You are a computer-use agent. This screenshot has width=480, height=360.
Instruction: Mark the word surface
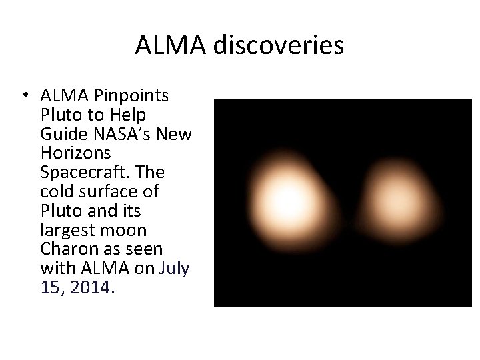(x=112, y=192)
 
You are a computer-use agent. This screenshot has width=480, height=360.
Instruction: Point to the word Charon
(x=66, y=250)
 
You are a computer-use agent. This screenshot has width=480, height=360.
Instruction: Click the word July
(x=175, y=269)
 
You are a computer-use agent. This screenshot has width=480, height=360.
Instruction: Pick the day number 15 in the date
(x=50, y=289)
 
